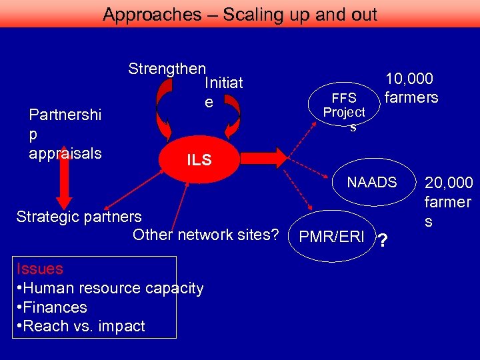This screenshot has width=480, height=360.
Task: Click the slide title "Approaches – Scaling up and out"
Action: pyautogui.click(x=240, y=14)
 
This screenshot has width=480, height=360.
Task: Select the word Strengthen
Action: pyautogui.click(x=167, y=69)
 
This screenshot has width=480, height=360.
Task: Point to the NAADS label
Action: pyautogui.click(x=371, y=182)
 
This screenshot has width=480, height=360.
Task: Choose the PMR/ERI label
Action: pyautogui.click(x=332, y=237)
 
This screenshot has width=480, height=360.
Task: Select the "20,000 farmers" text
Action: pyautogui.click(x=448, y=201)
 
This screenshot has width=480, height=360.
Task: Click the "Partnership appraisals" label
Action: pyautogui.click(x=65, y=134)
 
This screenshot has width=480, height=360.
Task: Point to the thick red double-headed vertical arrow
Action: pyautogui.click(x=64, y=184)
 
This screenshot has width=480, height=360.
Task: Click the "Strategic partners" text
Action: pyautogui.click(x=79, y=217)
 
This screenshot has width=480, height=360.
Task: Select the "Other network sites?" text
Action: pyautogui.click(x=205, y=235)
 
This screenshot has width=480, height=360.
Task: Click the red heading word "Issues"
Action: pyautogui.click(x=40, y=269)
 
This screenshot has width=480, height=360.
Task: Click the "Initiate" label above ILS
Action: pyautogui.click(x=223, y=93)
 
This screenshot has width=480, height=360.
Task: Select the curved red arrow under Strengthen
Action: pyautogui.click(x=162, y=110)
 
